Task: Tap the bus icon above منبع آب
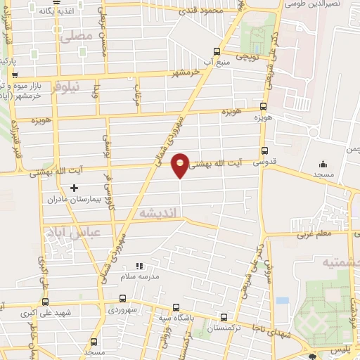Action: (217, 51)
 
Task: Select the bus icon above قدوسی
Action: (264, 150)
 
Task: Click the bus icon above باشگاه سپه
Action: (176, 308)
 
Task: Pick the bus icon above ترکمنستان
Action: (224, 316)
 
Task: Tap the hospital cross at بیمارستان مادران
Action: (74, 188)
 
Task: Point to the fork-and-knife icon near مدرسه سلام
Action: (139, 266)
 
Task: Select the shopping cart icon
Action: (15, 75)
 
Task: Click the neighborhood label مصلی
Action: (77, 35)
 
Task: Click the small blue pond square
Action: (283, 300)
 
